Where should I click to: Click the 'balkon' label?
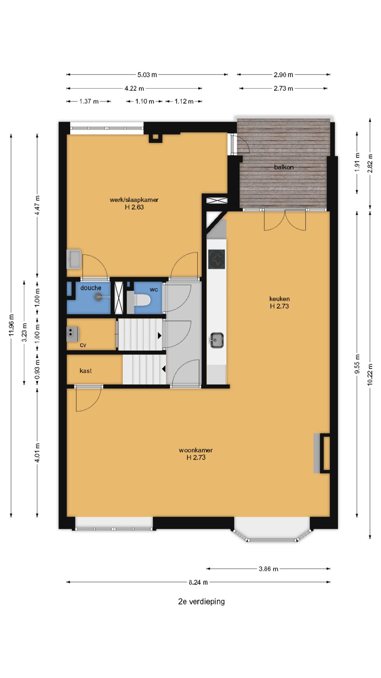284,167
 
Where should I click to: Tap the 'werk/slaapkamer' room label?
134,200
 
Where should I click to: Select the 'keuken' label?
279,299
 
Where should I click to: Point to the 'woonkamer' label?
196,450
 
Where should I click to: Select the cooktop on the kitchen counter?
216,259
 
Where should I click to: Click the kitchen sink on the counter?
216,340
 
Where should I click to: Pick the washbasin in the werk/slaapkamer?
74,259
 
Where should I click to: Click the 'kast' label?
86,371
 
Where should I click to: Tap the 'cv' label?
83,345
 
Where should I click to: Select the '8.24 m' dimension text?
198,583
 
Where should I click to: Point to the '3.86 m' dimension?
268,569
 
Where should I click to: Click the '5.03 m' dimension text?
147,75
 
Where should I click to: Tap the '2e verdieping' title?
201,601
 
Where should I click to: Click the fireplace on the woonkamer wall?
322,453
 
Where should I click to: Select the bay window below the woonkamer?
272,530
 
